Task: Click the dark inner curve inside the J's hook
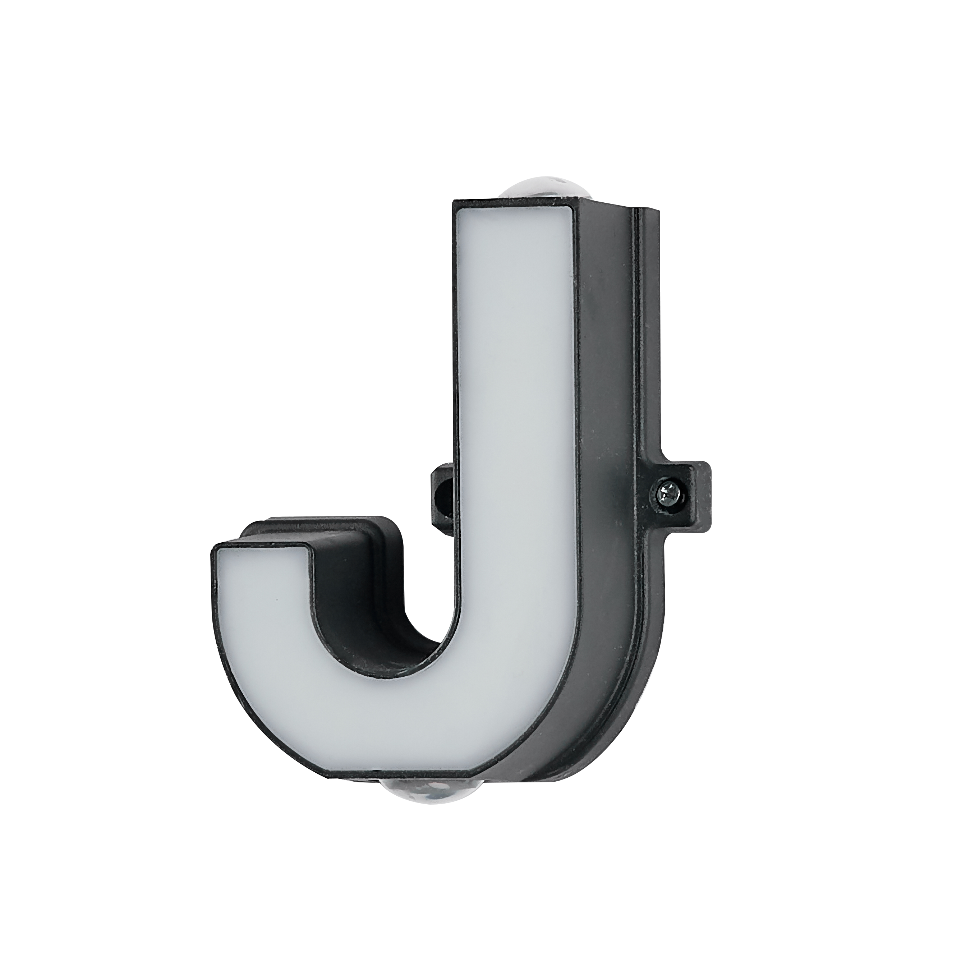383,631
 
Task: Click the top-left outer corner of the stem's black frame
452,202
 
